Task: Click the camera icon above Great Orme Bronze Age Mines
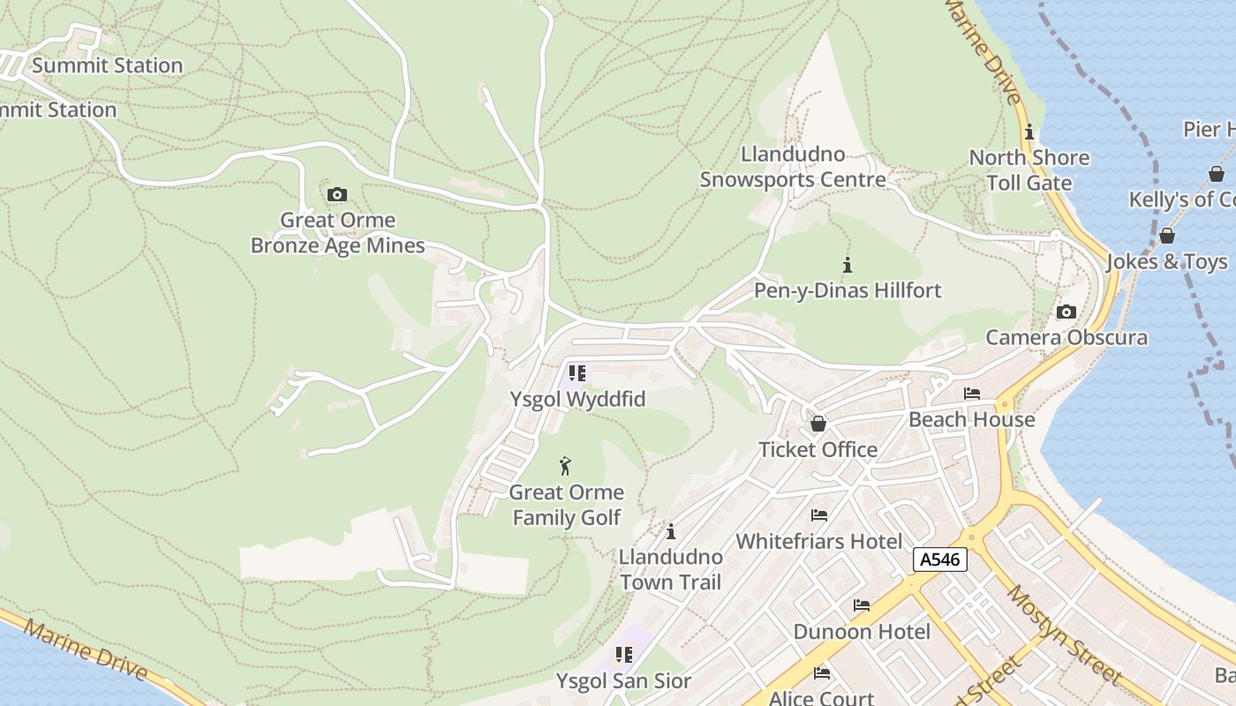[x=336, y=194]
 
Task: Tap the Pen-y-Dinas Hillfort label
[x=848, y=290]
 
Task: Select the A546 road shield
[x=940, y=559]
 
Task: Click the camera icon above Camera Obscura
[x=1066, y=312]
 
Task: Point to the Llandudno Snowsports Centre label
[x=793, y=167]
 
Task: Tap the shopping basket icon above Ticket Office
[x=818, y=424]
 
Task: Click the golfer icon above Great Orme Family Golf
[x=566, y=465]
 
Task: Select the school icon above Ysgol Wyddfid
[x=577, y=373]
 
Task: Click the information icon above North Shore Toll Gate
[x=1029, y=132]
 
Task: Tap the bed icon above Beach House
[x=972, y=394]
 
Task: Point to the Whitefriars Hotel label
[x=819, y=541]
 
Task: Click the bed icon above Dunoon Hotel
[x=862, y=605]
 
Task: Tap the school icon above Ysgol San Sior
[x=624, y=655]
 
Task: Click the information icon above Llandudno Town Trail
[x=671, y=531]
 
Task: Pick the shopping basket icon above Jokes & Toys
[x=1167, y=236]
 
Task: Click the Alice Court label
[x=822, y=697]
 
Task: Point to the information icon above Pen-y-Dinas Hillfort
[x=848, y=264]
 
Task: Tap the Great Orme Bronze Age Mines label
[x=337, y=233]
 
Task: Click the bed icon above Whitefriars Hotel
[x=819, y=515]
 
